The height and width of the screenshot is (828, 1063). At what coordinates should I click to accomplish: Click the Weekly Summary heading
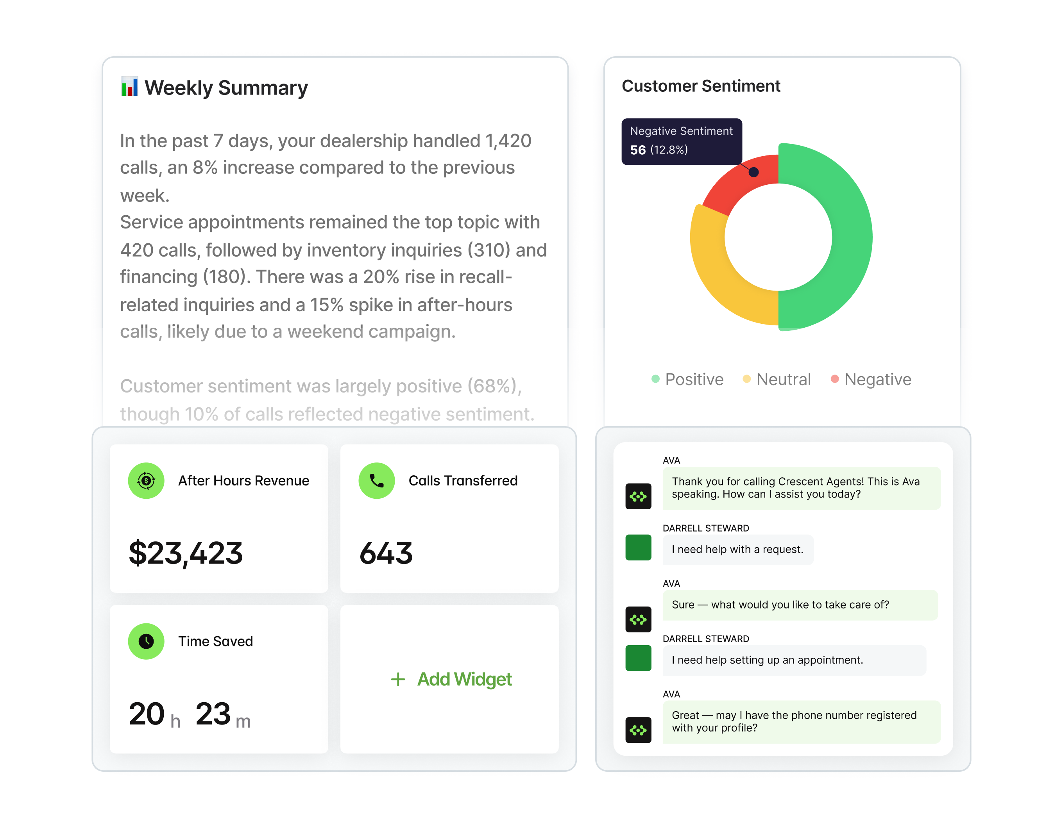[226, 88]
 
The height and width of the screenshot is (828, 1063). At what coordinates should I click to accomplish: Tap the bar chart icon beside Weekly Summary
[129, 87]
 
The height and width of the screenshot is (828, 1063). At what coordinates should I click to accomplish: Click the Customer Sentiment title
[700, 86]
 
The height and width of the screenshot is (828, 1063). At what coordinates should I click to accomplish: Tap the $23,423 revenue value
[186, 553]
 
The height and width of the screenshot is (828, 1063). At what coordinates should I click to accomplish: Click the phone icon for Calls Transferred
[376, 481]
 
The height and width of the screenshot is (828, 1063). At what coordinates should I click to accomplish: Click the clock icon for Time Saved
[146, 641]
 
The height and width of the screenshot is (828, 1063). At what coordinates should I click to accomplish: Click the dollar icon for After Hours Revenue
[146, 481]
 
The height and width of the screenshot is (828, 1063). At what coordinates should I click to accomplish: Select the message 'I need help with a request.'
[737, 549]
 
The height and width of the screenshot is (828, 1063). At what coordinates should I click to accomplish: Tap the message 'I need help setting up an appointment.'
[767, 660]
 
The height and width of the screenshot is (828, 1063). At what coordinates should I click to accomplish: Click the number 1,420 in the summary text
[508, 141]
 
